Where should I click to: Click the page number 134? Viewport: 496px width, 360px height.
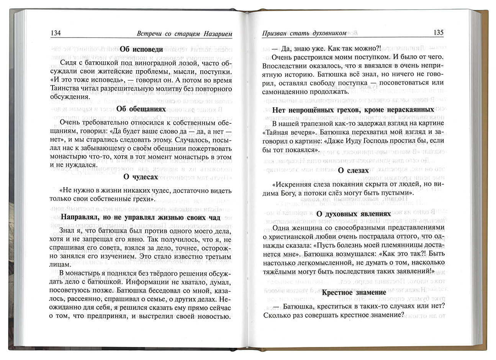(56, 33)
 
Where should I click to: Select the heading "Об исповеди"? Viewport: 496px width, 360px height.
(141, 49)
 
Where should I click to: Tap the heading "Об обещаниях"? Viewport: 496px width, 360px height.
(141, 109)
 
